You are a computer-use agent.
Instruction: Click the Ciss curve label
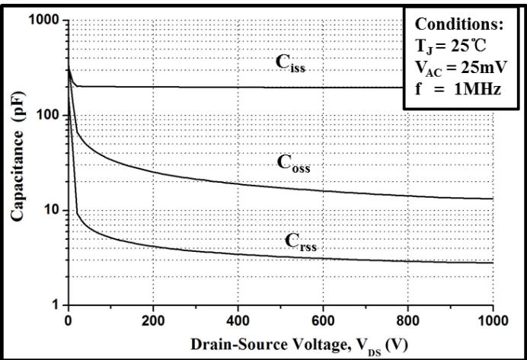click(x=291, y=64)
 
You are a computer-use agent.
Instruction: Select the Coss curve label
click(x=293, y=161)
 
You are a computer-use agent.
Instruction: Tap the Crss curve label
click(x=301, y=241)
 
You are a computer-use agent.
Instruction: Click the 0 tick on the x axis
click(x=69, y=319)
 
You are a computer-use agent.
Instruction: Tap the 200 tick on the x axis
click(x=153, y=319)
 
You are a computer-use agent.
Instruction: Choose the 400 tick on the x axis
click(x=238, y=319)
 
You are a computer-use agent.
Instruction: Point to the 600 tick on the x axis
click(x=324, y=319)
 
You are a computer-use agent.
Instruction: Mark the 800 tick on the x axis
click(x=408, y=319)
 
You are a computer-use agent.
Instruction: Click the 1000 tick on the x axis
click(x=490, y=319)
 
